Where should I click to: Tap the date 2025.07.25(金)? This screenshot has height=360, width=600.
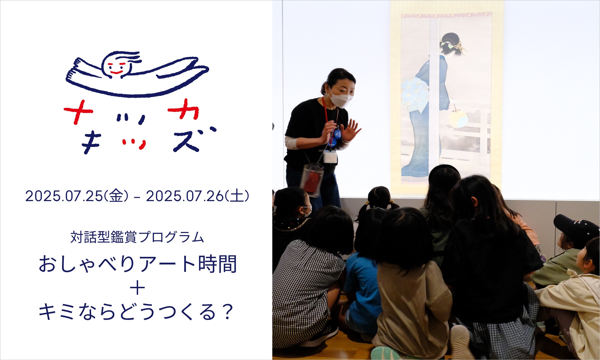77,196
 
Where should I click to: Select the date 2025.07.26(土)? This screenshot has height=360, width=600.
198,196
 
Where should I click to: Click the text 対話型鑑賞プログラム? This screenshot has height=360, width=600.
137,237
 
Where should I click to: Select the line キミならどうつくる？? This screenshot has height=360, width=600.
136,312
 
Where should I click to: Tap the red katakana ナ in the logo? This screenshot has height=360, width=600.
78,112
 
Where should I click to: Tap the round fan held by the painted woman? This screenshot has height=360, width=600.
458,119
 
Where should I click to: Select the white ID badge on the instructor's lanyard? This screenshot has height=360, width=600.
331,157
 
